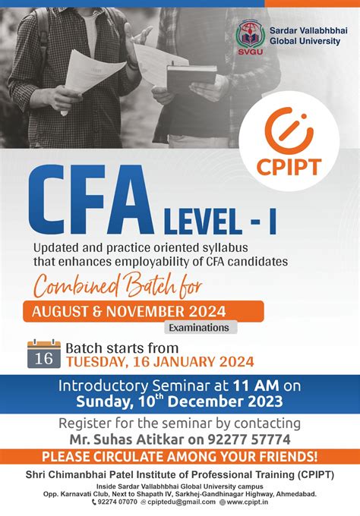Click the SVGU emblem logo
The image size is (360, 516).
click(x=249, y=36)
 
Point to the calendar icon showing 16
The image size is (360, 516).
click(x=44, y=354)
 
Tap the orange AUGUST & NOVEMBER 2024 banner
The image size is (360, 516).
click(x=144, y=310)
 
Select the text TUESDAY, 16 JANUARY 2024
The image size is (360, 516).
click(x=159, y=362)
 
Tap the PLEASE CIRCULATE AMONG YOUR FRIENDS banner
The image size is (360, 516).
click(x=180, y=457)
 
